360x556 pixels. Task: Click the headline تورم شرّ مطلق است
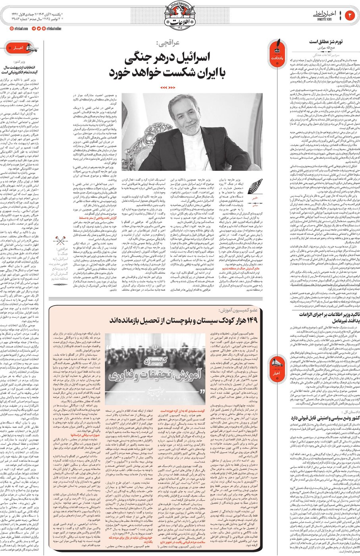tap(320, 41)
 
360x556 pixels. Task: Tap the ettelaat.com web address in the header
tap(17, 29)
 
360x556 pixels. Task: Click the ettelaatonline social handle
tap(54, 29)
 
